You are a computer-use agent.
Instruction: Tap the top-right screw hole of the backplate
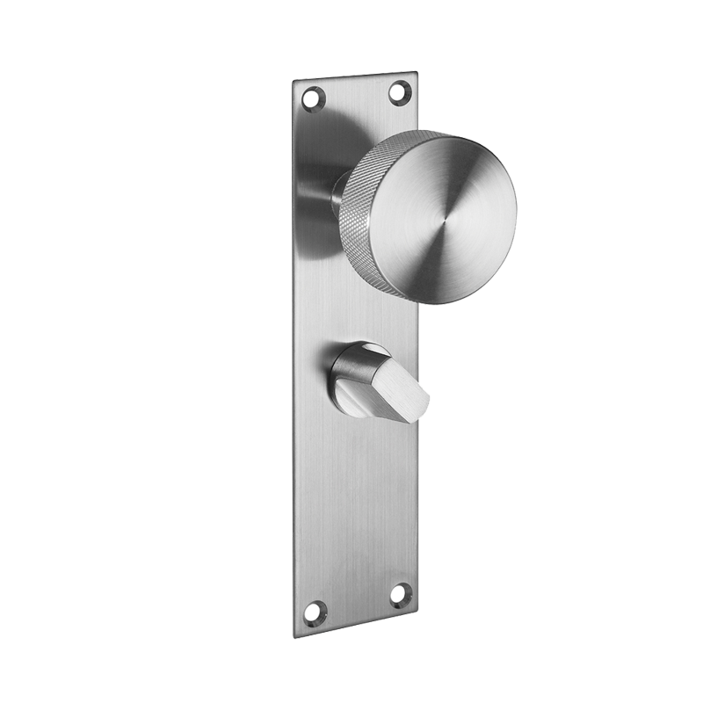[398, 91]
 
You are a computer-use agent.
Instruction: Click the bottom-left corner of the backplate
[298, 635]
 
